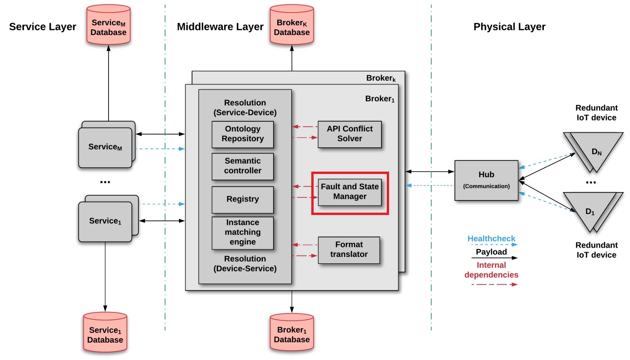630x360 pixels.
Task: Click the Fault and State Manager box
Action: pos(349,192)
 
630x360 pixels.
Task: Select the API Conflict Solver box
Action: pos(349,134)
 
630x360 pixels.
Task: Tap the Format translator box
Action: pos(349,250)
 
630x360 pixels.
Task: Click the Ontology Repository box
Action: pos(242,134)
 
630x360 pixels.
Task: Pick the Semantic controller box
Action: pos(242,166)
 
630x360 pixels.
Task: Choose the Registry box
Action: pos(242,199)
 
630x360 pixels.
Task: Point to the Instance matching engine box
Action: pos(242,232)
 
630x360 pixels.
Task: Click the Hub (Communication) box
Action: pos(486,180)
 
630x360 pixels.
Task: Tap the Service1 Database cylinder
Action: pos(105,332)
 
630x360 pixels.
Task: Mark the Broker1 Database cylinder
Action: pos(292,332)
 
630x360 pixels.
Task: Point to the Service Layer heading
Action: pos(42,27)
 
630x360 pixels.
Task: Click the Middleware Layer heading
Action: pos(220,27)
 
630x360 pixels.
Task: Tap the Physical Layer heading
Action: pos(509,27)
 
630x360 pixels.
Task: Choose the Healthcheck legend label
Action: pos(491,239)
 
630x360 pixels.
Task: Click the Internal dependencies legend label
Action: pos(491,270)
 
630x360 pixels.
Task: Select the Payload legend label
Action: pos(491,252)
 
